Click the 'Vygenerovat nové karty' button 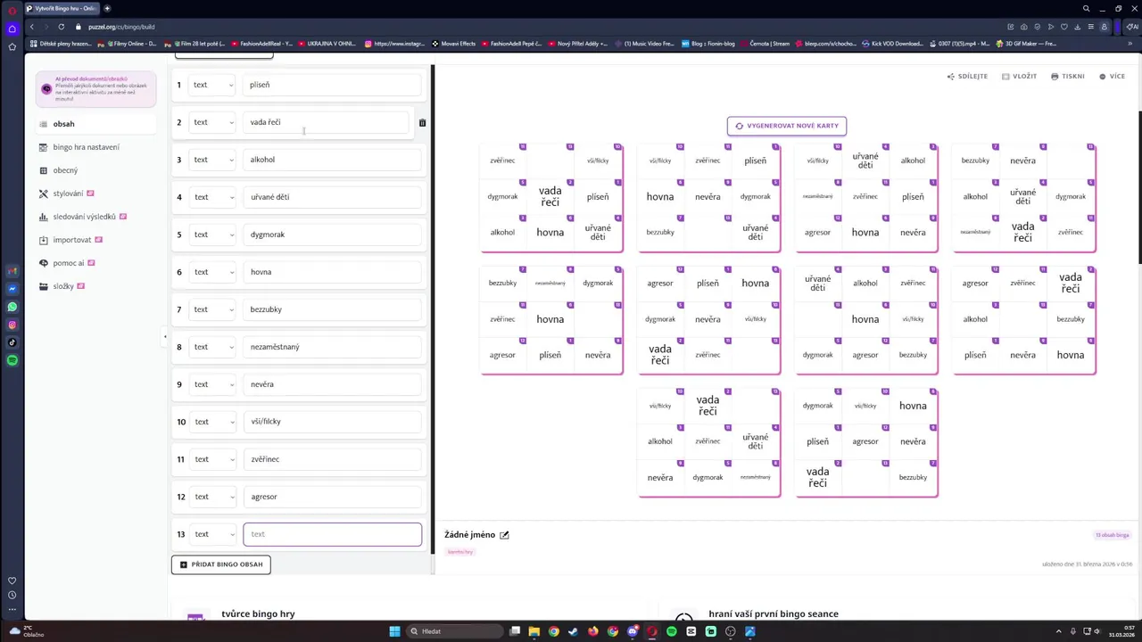pyautogui.click(x=786, y=126)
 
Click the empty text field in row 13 pyautogui.click(x=332, y=534)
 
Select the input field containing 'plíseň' pyautogui.click(x=332, y=85)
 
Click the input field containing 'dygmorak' pyautogui.click(x=332, y=235)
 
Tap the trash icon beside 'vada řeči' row pyautogui.click(x=422, y=123)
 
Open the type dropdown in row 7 pyautogui.click(x=212, y=309)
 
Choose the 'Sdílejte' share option pyautogui.click(x=967, y=77)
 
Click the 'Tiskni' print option pyautogui.click(x=1068, y=77)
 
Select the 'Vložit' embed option pyautogui.click(x=1019, y=77)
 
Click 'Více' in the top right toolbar pyautogui.click(x=1113, y=77)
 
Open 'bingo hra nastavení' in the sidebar pyautogui.click(x=86, y=147)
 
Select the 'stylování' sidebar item pyautogui.click(x=68, y=193)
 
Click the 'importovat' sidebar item pyautogui.click(x=71, y=240)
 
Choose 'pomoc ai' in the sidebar pyautogui.click(x=68, y=263)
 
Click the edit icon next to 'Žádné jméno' pyautogui.click(x=504, y=535)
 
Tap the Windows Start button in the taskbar pyautogui.click(x=394, y=631)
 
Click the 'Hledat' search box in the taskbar pyautogui.click(x=455, y=631)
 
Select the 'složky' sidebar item pyautogui.click(x=62, y=286)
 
